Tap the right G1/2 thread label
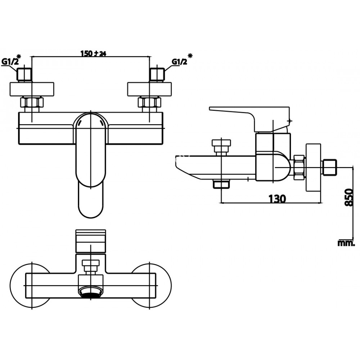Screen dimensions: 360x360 [x=180, y=62]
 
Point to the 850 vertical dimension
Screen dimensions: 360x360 [x=349, y=197]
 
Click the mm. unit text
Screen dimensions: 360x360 [x=346, y=243]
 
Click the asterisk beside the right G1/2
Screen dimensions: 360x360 [x=190, y=55]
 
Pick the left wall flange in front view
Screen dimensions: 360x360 [x=32, y=89]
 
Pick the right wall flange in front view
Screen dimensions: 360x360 [x=150, y=89]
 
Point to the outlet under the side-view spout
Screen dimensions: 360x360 [x=221, y=184]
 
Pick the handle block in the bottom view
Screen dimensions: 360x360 [x=90, y=241]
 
